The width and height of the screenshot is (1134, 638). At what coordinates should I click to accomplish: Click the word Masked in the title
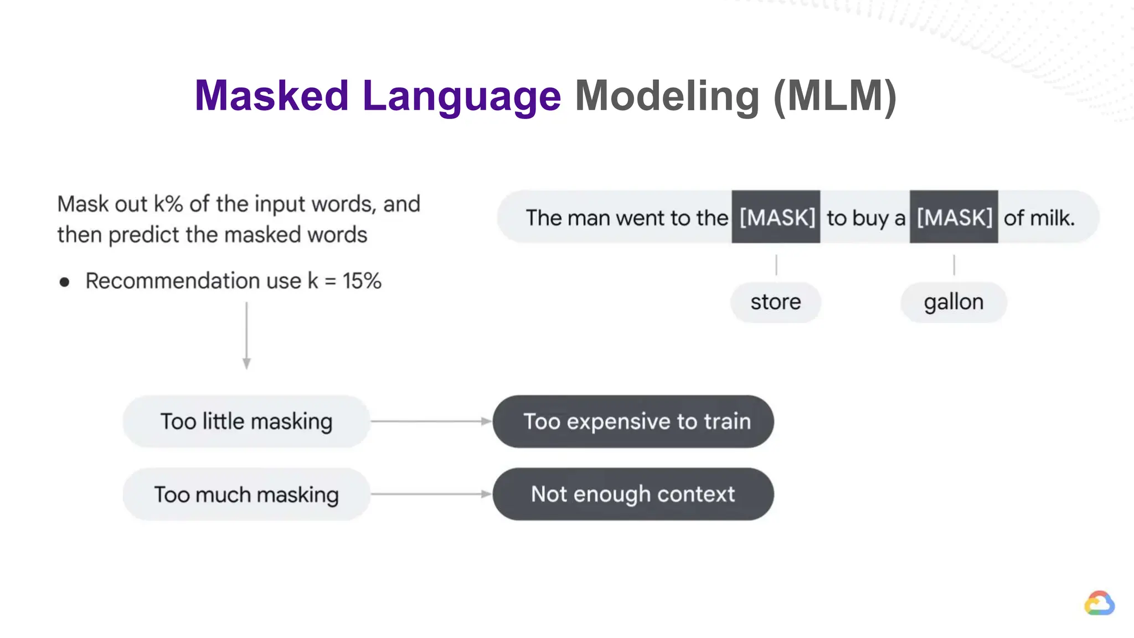coord(271,96)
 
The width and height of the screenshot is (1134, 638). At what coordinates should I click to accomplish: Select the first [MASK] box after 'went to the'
coord(776,217)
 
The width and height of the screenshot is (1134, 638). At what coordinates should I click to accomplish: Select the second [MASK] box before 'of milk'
coord(953,217)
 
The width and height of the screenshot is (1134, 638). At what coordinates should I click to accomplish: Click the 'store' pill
coord(775,302)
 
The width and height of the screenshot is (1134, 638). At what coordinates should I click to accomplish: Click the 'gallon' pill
coord(953,302)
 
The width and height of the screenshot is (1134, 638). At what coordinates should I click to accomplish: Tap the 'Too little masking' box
coord(246,421)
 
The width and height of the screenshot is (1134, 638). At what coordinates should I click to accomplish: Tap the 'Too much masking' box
coord(246,494)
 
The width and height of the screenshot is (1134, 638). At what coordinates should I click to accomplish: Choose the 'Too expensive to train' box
coord(633,421)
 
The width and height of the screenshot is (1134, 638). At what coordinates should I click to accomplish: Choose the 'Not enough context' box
coord(633,494)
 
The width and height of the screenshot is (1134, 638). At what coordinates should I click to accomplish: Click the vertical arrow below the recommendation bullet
coord(246,335)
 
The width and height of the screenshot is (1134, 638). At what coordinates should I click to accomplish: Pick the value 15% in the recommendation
coord(362,281)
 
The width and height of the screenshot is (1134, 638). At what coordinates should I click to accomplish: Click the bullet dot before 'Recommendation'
coord(65,282)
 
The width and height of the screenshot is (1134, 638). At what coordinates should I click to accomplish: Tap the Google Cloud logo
coord(1099,604)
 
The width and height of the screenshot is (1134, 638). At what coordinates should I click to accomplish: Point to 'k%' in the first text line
coord(168,204)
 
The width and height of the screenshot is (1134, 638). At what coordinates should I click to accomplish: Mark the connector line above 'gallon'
coord(953,265)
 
